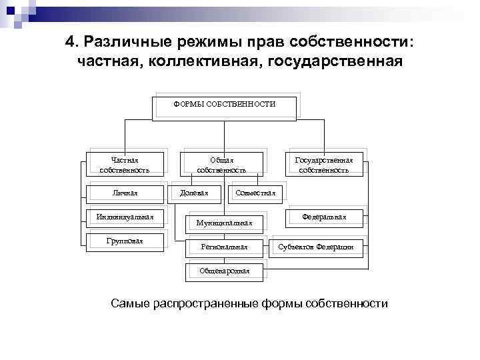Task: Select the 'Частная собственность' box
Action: pyautogui.click(x=125, y=165)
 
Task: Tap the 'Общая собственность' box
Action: pyautogui.click(x=221, y=165)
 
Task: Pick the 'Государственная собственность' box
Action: pyautogui.click(x=324, y=165)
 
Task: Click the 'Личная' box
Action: pyautogui.click(x=125, y=193)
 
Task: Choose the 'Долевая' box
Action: pyautogui.click(x=195, y=193)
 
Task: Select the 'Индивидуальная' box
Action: pyautogui.click(x=125, y=217)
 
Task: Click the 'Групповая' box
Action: pyautogui.click(x=125, y=240)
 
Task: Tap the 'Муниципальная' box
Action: pyautogui.click(x=224, y=223)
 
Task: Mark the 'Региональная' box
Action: pyautogui.click(x=224, y=247)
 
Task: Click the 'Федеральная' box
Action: pyautogui.click(x=324, y=217)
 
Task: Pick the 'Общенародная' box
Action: pyautogui.click(x=224, y=271)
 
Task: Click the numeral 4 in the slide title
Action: pyautogui.click(x=70, y=42)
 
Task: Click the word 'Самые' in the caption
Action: pyautogui.click(x=129, y=304)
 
